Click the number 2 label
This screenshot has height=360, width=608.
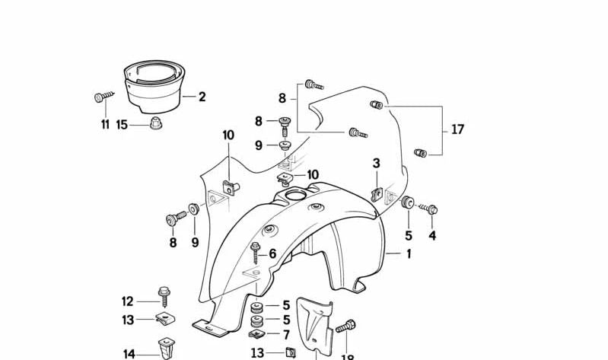coord(202,97)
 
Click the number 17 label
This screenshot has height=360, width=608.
coord(457,130)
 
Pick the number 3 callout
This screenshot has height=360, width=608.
coord(376,163)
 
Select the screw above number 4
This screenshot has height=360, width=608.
coord(431,209)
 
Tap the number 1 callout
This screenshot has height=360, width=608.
coord(408,254)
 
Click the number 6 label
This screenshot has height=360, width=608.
coord(272,253)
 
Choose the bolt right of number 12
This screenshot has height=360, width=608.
coord(164,294)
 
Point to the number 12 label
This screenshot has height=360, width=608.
coord(127,301)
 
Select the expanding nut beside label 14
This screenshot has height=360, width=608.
coord(166,349)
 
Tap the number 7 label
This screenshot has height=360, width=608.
coord(286,334)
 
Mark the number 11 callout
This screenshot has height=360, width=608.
coord(105,125)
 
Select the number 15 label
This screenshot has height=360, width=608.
coord(122,125)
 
